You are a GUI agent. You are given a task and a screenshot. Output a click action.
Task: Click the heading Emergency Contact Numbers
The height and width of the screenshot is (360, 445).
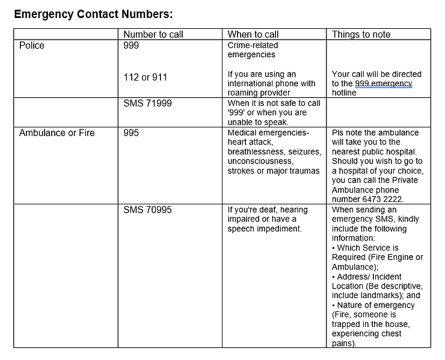pos(93,13)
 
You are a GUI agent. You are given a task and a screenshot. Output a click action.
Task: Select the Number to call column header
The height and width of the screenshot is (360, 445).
pos(153,34)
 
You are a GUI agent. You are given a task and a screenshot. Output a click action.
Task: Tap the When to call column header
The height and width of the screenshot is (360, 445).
pos(253,34)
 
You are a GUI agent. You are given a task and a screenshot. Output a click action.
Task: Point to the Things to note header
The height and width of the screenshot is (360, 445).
pos(361,34)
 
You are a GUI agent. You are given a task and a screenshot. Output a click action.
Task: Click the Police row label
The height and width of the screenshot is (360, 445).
pos(32,46)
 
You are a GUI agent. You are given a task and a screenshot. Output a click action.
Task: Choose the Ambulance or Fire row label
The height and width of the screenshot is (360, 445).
pos(57,133)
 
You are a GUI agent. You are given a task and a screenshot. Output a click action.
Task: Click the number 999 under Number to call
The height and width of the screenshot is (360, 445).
pos(130,46)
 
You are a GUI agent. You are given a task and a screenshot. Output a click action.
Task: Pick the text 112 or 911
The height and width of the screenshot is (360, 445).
pos(145,78)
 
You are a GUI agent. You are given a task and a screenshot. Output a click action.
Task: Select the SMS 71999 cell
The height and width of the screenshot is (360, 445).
pos(147,103)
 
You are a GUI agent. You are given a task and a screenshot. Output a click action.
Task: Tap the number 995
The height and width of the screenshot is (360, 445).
pos(130,133)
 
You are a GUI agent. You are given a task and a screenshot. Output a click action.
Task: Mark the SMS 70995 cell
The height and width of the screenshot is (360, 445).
pos(147,210)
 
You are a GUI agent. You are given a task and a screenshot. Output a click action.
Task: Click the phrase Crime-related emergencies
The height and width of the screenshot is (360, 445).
pos(252,50)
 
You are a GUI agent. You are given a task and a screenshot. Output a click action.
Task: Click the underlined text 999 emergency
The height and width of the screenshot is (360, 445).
pos(383,84)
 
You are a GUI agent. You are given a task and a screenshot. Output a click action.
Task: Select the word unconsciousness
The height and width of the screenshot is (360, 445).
pos(260,162)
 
